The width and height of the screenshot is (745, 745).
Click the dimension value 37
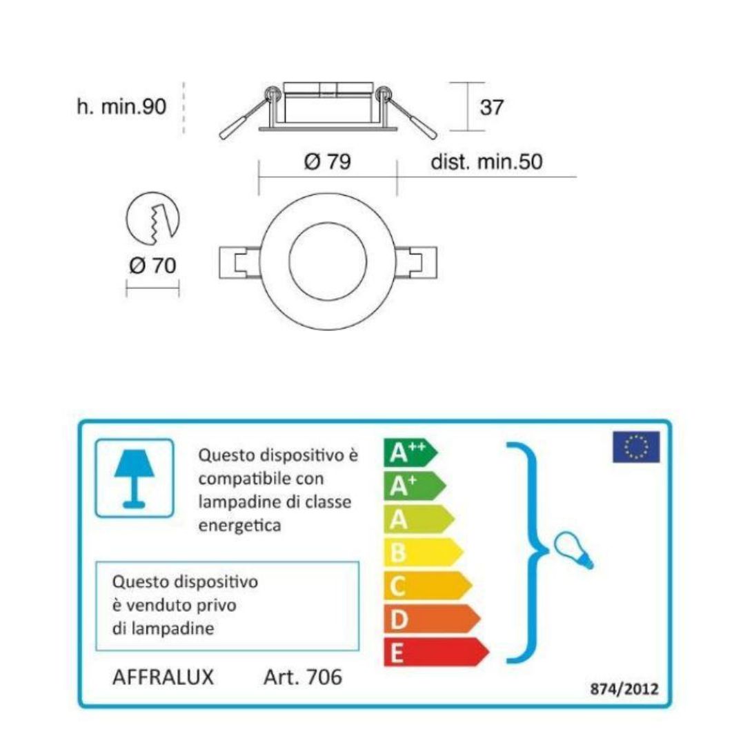[491, 108]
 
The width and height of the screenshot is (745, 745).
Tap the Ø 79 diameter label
[327, 162]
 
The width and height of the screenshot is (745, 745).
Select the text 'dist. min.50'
[486, 162]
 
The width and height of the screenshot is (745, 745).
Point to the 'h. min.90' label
[121, 107]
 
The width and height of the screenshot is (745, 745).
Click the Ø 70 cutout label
[152, 265]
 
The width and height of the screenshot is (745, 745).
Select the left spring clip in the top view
[238, 262]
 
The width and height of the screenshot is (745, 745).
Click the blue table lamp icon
[134, 477]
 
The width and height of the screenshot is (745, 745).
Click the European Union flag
[635, 447]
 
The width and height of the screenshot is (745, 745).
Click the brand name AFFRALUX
[163, 677]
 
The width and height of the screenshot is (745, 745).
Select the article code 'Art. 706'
[302, 677]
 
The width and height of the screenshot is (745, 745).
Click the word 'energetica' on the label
[239, 525]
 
